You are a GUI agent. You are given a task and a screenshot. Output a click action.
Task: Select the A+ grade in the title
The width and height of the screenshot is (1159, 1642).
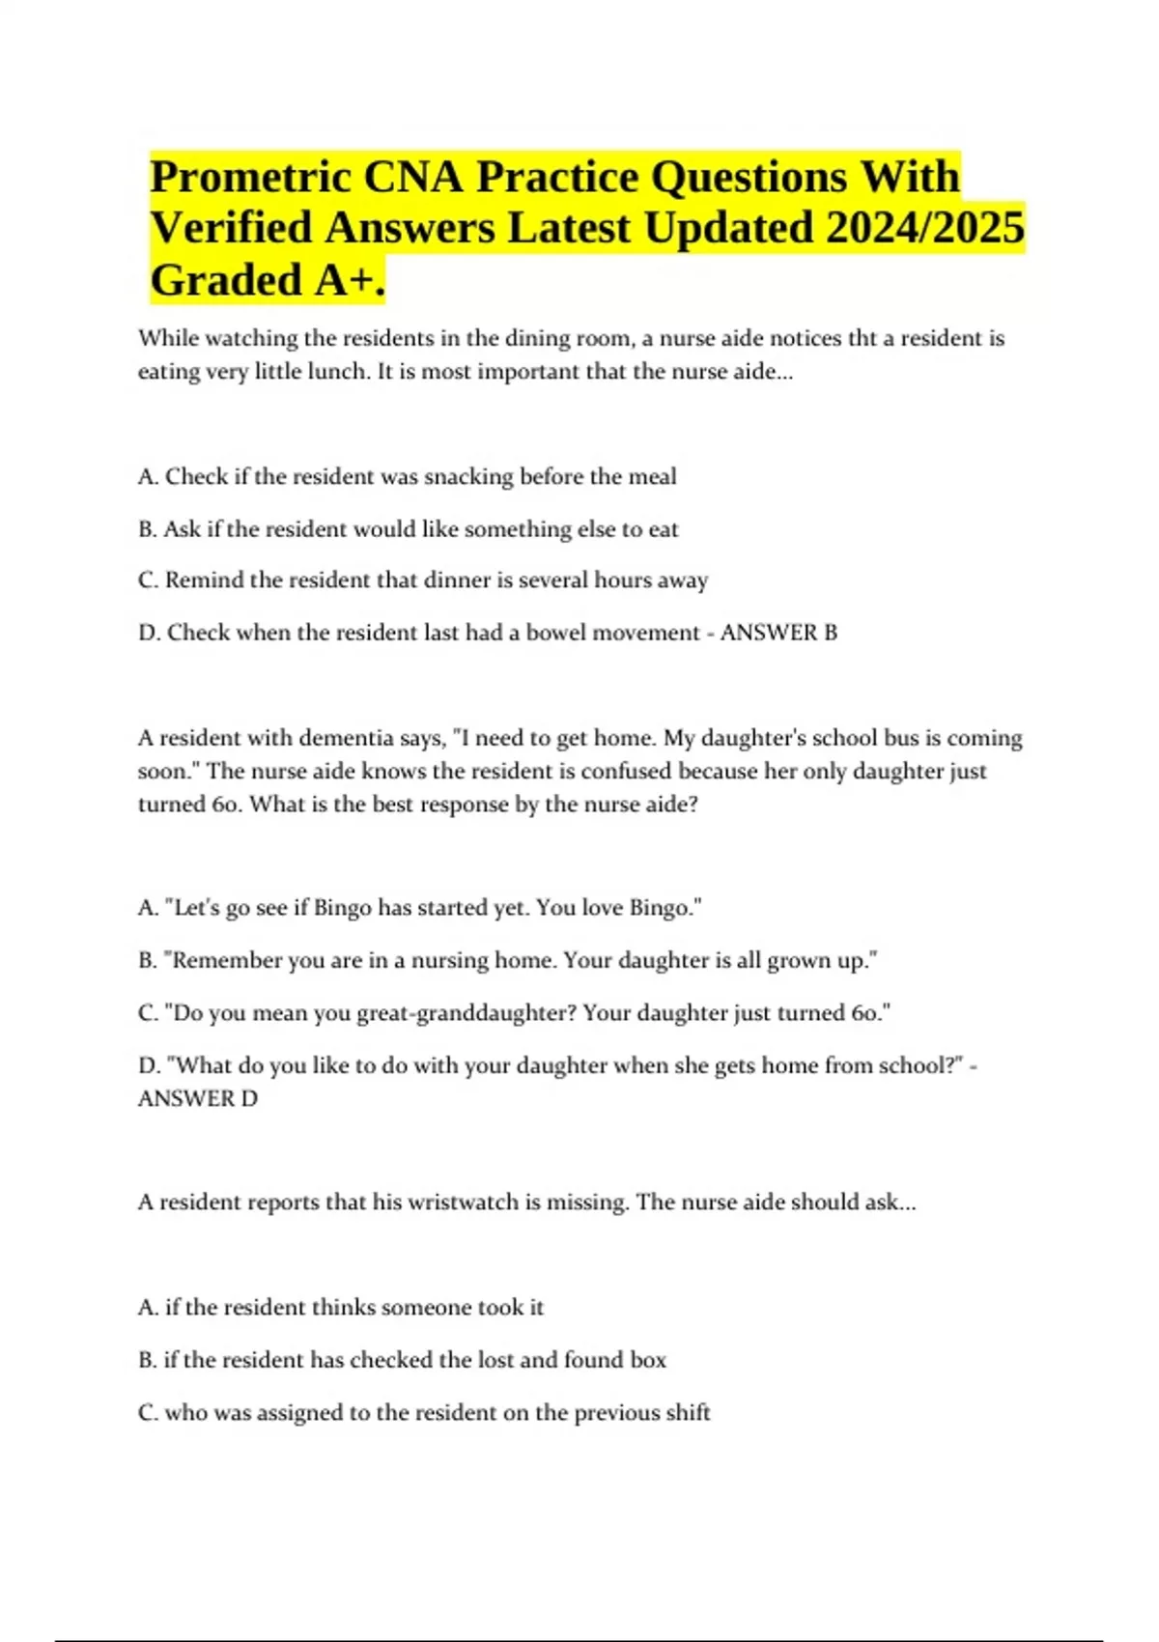[349, 281]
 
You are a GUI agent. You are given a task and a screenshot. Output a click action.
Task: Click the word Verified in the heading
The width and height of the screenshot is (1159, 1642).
[232, 229]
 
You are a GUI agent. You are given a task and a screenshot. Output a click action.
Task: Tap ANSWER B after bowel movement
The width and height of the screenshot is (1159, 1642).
[778, 633]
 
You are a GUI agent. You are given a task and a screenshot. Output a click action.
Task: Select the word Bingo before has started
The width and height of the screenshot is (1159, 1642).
[343, 908]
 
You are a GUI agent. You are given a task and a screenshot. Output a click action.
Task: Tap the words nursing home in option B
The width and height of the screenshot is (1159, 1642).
[482, 960]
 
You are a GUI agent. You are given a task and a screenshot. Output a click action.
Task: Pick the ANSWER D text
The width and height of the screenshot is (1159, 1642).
[198, 1098]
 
